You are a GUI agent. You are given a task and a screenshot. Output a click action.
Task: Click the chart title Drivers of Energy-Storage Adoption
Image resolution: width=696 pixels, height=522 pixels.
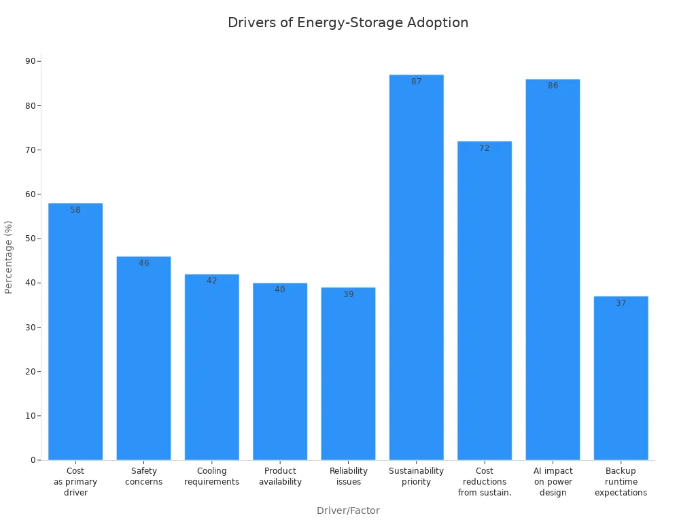click(348, 22)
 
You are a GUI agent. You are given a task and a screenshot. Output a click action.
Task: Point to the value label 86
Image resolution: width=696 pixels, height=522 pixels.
click(553, 86)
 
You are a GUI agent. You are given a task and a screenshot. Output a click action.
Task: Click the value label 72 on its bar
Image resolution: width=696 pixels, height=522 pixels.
click(484, 148)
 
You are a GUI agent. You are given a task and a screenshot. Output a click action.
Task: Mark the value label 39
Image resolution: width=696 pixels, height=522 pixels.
click(348, 294)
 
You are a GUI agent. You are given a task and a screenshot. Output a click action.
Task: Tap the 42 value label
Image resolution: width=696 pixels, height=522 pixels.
click(211, 281)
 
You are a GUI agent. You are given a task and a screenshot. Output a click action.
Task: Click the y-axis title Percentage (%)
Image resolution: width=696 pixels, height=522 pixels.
click(9, 257)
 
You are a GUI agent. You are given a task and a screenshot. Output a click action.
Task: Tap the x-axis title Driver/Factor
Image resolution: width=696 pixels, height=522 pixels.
click(348, 510)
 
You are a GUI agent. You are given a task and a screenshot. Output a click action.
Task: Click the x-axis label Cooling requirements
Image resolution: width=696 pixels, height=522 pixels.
click(211, 476)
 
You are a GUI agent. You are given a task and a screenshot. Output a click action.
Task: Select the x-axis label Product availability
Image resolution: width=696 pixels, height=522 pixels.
click(280, 476)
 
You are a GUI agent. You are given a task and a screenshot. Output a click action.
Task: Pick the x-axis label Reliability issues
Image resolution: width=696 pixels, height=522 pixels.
click(348, 476)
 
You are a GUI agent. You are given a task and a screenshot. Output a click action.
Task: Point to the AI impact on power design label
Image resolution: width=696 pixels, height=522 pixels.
click(553, 482)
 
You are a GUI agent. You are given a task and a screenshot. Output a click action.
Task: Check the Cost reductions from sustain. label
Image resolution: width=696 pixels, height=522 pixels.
click(484, 482)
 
